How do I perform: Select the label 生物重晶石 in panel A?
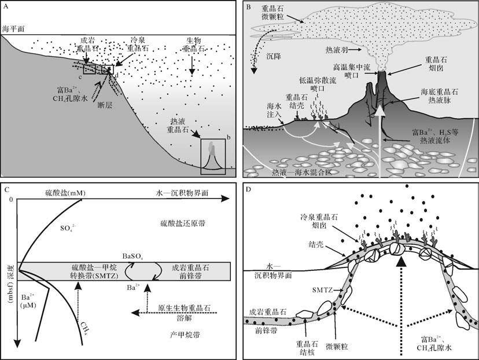point(190,45)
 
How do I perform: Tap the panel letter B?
point(249,8)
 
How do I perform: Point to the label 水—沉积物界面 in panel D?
point(272,271)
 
